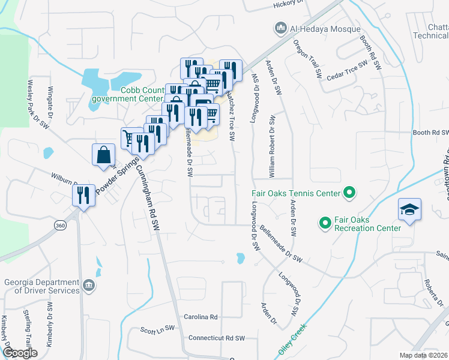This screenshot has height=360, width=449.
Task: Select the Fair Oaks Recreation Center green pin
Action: [325, 223]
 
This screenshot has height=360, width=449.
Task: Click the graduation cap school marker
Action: [409, 210]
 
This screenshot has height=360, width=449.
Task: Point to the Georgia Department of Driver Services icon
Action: [88, 284]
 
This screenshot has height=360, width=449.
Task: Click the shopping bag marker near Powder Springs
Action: [103, 155]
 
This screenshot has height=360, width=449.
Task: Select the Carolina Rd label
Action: [200, 317]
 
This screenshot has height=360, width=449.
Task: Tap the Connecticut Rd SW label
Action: [217, 338]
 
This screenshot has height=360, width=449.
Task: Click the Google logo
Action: [20, 353]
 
